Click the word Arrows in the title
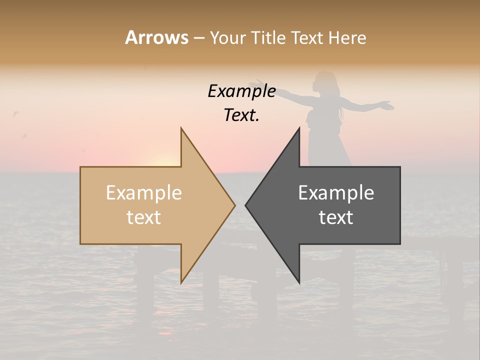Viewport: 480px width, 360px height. (x=156, y=37)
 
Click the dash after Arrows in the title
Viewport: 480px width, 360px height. (x=198, y=38)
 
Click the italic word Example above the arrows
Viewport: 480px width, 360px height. (x=241, y=91)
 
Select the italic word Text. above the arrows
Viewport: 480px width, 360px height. (x=241, y=115)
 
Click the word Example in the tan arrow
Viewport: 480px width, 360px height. (x=144, y=192)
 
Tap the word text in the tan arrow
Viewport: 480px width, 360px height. (x=144, y=217)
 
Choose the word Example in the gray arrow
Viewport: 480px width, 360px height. (x=336, y=192)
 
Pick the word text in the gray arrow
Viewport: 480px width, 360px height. (x=336, y=217)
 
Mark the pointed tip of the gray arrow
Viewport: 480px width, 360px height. (x=246, y=205)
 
